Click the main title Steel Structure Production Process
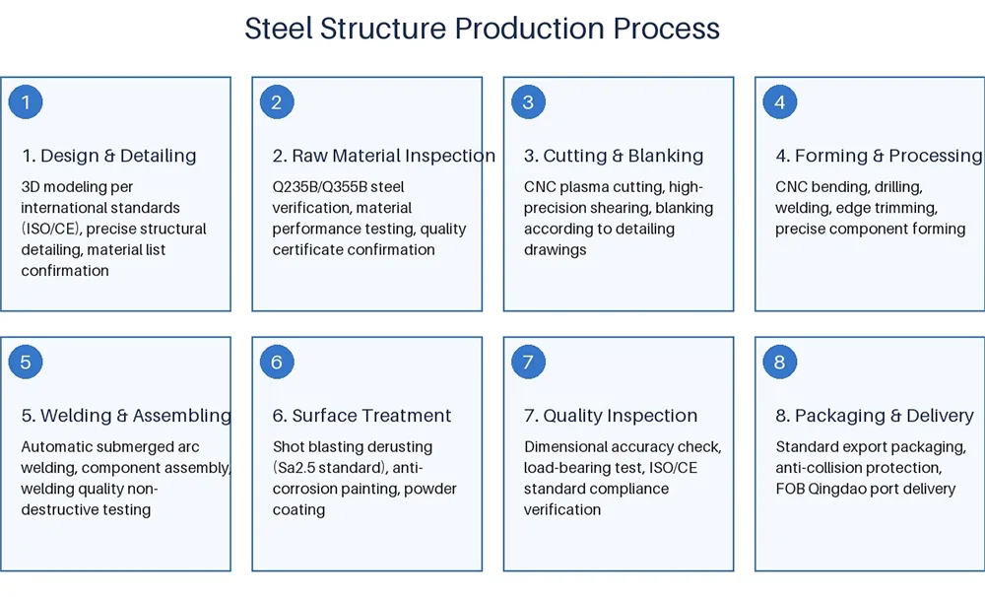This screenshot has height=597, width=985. point(482,29)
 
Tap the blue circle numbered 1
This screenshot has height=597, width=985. point(26,102)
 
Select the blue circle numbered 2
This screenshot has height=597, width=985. point(277,102)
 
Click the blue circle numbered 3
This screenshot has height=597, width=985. point(528,102)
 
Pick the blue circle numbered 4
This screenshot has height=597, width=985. point(779,102)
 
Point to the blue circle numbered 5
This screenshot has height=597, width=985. point(26,363)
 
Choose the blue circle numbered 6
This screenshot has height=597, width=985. point(277,363)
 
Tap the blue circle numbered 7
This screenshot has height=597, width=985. point(528,363)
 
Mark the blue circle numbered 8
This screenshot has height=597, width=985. point(779,363)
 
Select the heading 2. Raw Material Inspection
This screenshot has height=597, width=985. point(383,156)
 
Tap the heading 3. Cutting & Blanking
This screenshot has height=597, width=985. point(613,156)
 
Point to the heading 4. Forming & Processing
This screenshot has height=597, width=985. point(878,156)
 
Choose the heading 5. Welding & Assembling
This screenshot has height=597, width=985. point(126,416)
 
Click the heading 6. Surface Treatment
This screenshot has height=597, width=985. point(361,416)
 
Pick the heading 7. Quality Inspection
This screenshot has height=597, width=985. point(610,416)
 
